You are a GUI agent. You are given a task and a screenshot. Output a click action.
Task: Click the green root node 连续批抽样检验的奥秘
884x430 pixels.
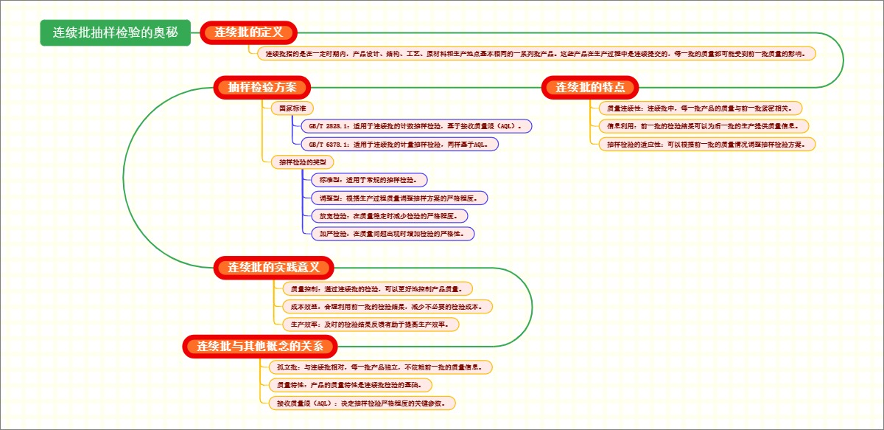click(115, 32)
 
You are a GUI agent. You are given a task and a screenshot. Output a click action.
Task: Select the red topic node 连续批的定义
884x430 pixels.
click(248, 32)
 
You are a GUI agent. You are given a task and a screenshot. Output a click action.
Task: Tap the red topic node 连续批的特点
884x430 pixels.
click(590, 87)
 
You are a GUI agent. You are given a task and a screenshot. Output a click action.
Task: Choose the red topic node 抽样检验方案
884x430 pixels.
click(262, 87)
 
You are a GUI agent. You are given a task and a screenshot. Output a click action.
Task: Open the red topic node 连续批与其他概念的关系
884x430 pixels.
click(261, 346)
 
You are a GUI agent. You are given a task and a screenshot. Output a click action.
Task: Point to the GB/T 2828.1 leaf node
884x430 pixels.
click(416, 126)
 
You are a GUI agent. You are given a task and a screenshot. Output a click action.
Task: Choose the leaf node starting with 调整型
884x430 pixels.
click(399, 198)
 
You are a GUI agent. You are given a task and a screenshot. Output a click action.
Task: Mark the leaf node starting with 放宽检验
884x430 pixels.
click(388, 215)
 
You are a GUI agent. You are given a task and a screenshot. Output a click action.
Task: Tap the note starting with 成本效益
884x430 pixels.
click(387, 305)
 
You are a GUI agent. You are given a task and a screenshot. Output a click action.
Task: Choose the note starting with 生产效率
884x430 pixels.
click(371, 324)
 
